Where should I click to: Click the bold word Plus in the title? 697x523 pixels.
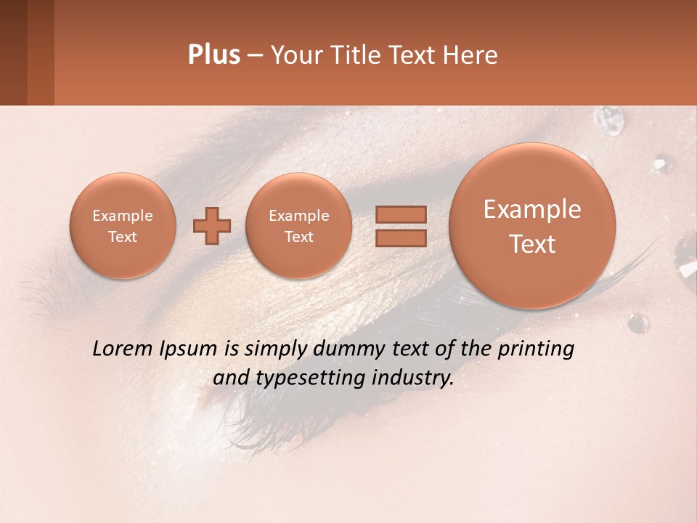click(213, 55)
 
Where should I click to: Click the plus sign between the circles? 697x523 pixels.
click(211, 226)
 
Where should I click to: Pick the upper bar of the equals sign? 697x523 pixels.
click(401, 214)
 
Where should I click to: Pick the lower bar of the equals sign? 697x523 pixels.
click(401, 238)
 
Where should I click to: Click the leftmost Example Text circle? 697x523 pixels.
click(122, 226)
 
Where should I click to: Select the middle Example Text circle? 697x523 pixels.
click(298, 226)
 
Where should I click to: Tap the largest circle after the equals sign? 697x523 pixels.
click(532, 226)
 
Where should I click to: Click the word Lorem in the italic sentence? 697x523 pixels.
click(123, 349)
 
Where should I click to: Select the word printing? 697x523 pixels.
click(536, 349)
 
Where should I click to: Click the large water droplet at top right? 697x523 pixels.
click(608, 120)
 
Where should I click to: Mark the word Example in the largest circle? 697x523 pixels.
click(532, 209)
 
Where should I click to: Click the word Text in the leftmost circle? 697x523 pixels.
click(122, 237)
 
